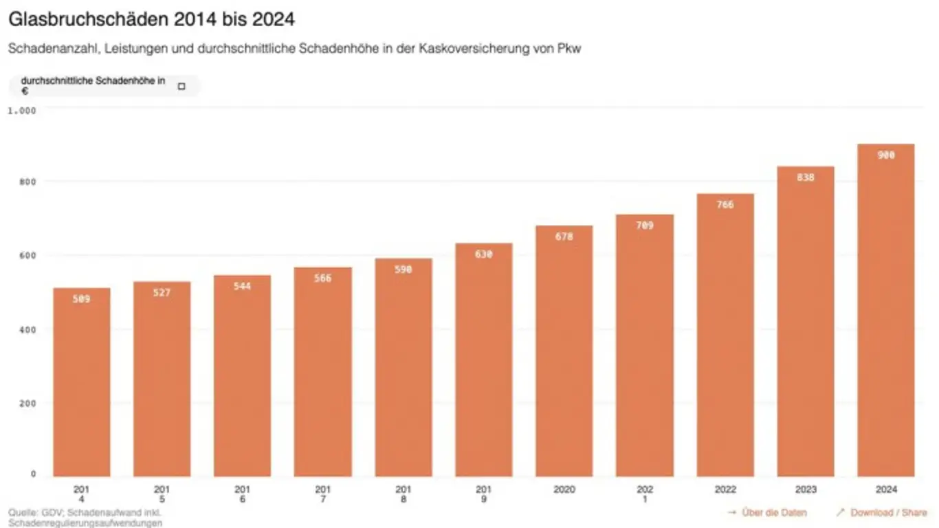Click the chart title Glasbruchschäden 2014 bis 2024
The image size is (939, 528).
coord(151,19)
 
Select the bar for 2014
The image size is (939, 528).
coord(81,385)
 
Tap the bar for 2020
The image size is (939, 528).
coord(564,357)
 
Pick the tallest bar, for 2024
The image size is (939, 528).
coord(886,316)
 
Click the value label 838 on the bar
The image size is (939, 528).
coord(806,177)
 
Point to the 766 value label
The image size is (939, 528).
coord(725,204)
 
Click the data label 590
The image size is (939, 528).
coord(404,269)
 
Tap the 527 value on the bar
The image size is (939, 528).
coord(162,293)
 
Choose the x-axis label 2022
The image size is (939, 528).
coord(725,490)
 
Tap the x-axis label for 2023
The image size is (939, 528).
coord(806,490)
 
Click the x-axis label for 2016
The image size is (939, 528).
coord(242,494)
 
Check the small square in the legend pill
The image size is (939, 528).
coord(181,87)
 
